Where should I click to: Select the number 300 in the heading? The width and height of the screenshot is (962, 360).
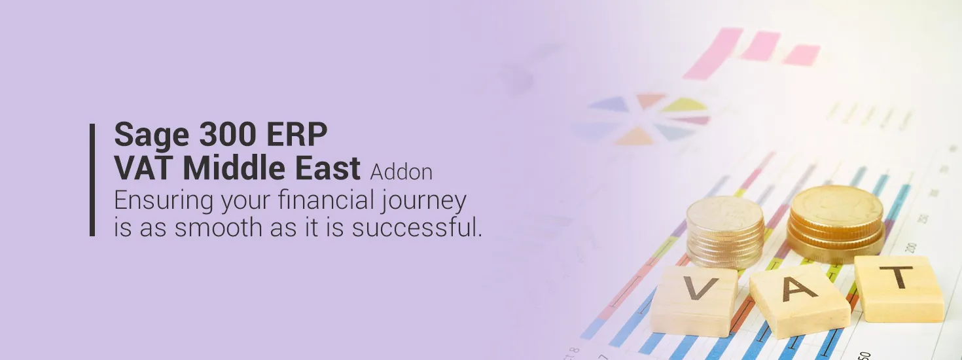[227, 134]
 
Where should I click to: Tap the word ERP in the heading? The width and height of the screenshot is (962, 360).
[296, 134]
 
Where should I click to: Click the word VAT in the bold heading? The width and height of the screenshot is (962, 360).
[144, 168]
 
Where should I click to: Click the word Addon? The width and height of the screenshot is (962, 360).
[401, 172]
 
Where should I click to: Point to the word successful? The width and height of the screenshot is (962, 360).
[417, 227]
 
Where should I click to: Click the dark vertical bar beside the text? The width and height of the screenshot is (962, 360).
[92, 180]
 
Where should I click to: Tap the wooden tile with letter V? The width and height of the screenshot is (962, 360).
[693, 301]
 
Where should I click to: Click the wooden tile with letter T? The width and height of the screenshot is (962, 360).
[899, 289]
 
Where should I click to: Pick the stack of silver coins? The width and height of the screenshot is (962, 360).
[725, 233]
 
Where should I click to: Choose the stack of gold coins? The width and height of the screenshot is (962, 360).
[836, 224]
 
